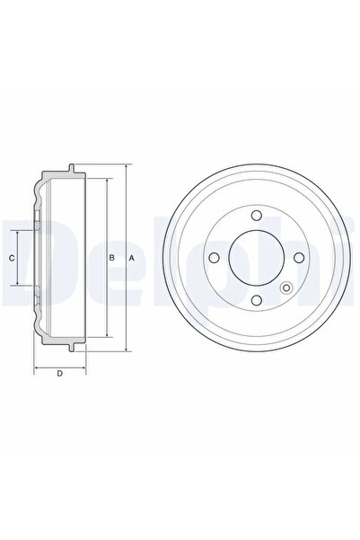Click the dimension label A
pos(131,258)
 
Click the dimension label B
pos(111,258)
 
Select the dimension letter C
pos(12,258)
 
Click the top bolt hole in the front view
pos(256,216)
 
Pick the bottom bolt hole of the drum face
pos(256,300)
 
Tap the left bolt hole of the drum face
pos(214,258)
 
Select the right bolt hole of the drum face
pos(299,258)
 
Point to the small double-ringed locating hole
pos(286,288)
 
